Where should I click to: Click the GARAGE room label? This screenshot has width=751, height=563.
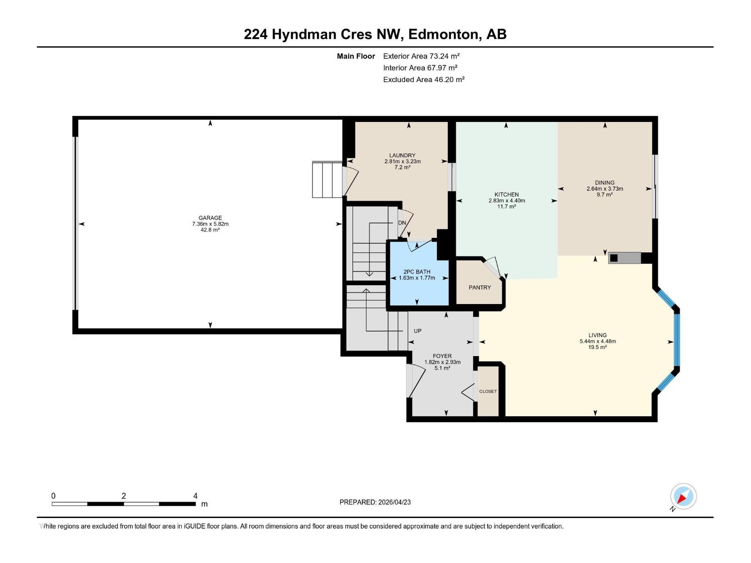(210, 218)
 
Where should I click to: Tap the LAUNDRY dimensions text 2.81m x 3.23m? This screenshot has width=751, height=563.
(402, 161)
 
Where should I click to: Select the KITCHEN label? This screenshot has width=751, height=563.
(506, 194)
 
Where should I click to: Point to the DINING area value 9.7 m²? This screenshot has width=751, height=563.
(605, 195)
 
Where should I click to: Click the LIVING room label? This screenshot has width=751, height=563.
(598, 335)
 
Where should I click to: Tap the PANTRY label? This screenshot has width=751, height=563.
(479, 288)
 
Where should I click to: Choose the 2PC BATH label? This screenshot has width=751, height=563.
(416, 272)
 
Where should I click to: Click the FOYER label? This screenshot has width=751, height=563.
(442, 356)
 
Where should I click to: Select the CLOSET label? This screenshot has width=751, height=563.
(488, 391)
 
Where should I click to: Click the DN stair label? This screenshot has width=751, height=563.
(402, 223)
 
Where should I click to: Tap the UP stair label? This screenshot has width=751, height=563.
(417, 331)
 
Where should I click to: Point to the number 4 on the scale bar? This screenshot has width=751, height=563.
(195, 496)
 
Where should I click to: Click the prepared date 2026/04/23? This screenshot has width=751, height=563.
(394, 502)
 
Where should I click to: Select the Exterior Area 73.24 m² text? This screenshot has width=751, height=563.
(421, 56)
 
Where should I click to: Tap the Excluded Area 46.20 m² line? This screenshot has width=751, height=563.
(423, 79)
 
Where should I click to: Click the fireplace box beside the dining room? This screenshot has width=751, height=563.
(625, 258)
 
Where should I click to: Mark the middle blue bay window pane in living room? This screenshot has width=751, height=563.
(677, 340)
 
